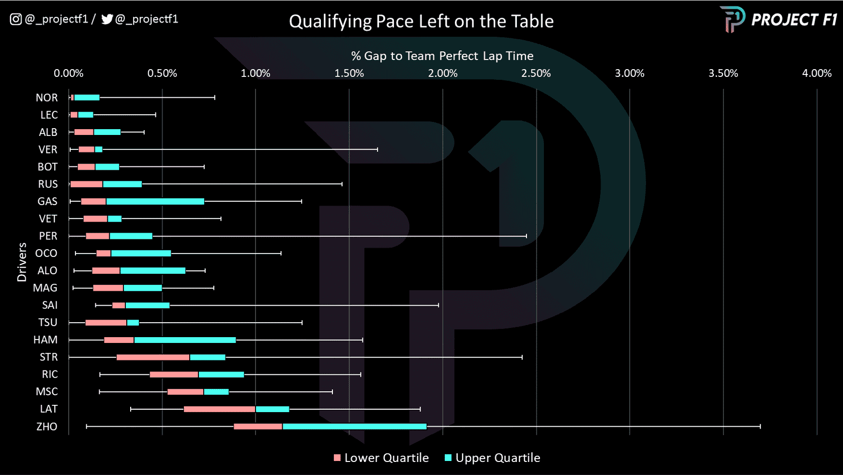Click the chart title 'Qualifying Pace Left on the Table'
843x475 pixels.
pos(421,21)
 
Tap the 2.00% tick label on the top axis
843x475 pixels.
pos(442,73)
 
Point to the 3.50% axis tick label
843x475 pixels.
pos(723,73)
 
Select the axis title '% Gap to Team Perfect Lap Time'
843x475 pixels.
pos(442,56)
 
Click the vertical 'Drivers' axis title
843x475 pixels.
pos(22,262)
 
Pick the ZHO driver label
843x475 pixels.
pos(46,427)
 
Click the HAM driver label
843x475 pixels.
pos(45,340)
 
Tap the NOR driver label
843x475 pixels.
pos(46,98)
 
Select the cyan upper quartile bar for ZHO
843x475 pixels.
pos(354,427)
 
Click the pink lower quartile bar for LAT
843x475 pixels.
pos(219,409)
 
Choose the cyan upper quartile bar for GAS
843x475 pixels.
pos(155,202)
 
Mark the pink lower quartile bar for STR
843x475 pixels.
pos(153,357)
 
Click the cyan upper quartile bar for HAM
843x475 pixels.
pos(185,340)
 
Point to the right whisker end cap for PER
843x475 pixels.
pos(526,236)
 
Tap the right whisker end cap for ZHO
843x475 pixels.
pos(760,427)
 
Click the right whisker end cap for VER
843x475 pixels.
pos(377,149)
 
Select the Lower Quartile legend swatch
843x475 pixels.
pos(337,458)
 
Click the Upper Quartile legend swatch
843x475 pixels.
pos(448,458)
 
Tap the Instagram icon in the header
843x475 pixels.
pos(15,19)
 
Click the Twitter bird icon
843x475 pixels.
pos(107,19)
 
